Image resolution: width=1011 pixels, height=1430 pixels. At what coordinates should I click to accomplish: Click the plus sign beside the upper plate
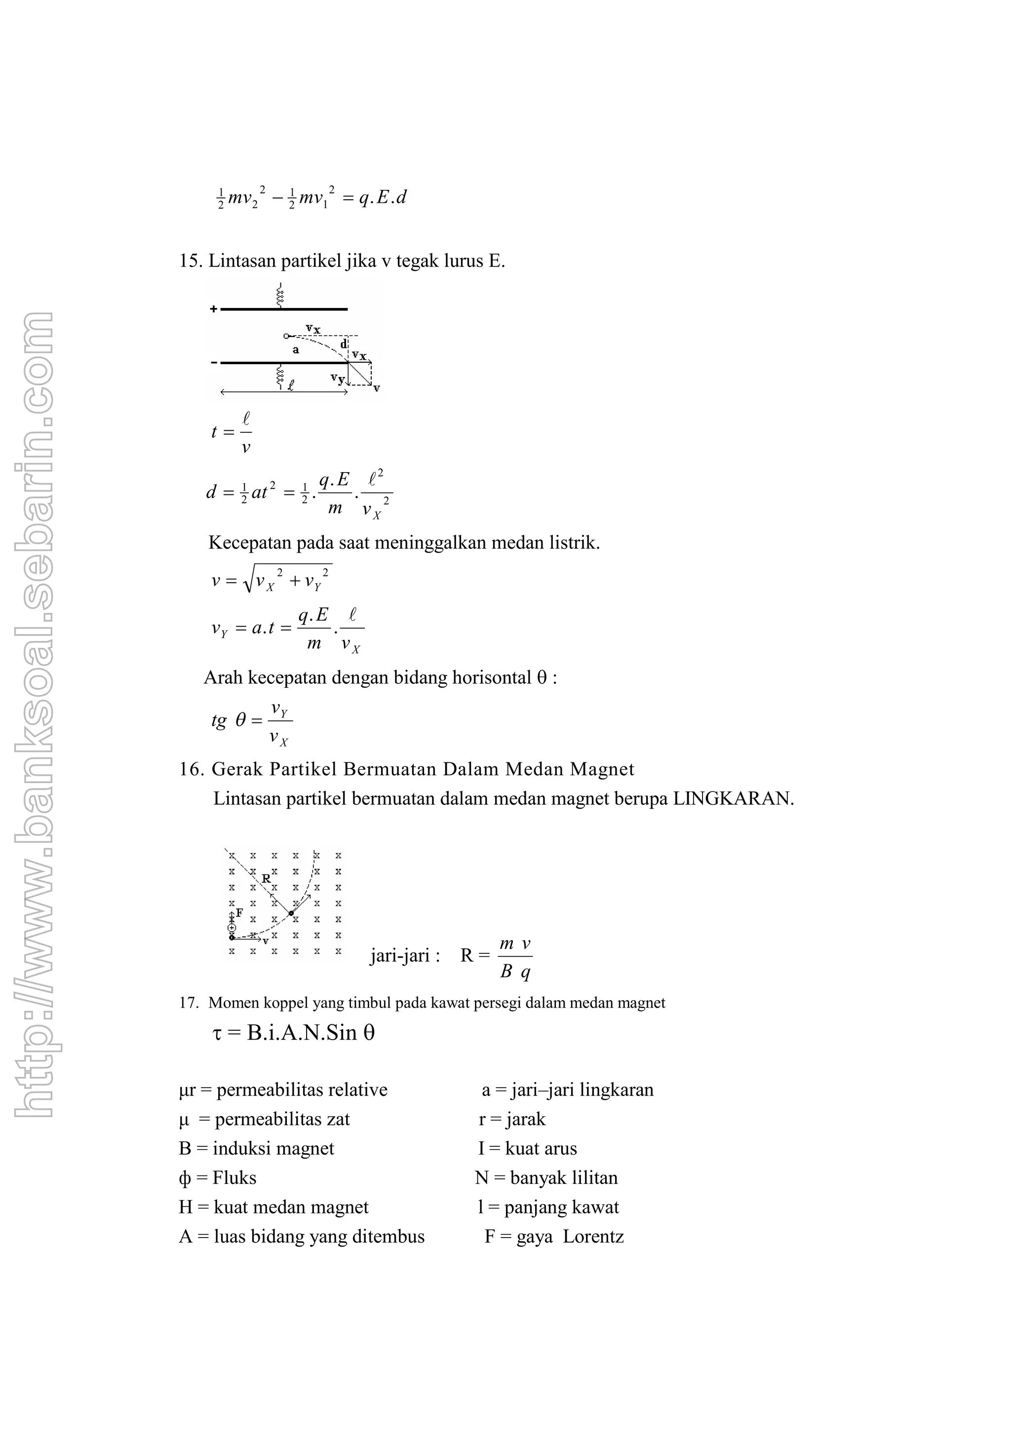tap(213, 309)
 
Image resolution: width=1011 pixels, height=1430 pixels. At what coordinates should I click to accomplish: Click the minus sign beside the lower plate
tap(213, 362)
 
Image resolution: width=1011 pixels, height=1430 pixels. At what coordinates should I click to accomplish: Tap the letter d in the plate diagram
tap(343, 344)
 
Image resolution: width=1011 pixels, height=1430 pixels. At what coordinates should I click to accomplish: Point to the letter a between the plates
tap(296, 350)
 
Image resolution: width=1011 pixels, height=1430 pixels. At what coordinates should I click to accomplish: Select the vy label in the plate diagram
tap(337, 378)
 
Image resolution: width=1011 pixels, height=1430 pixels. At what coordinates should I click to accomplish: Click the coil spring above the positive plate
tap(280, 295)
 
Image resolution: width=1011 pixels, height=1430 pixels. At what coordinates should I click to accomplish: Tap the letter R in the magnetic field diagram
tap(266, 879)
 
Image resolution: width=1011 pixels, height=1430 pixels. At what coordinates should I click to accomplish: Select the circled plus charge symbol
tap(232, 927)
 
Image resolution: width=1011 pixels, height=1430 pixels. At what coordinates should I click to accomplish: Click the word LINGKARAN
tap(733, 799)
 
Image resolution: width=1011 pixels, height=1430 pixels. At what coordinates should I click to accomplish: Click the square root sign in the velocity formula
tap(248, 582)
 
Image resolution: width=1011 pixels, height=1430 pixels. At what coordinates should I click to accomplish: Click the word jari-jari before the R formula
tap(405, 955)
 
